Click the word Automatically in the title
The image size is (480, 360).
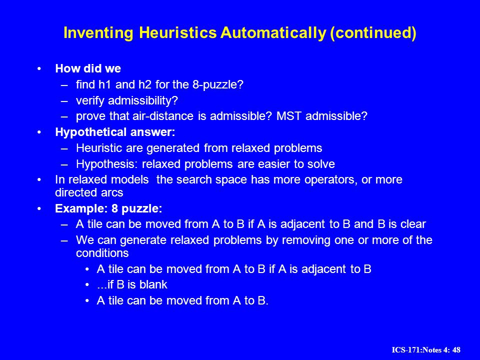click(273, 33)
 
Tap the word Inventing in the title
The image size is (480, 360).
click(98, 33)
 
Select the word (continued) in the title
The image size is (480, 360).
click(373, 33)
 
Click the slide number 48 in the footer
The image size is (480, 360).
click(456, 350)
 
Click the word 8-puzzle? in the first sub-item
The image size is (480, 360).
click(217, 84)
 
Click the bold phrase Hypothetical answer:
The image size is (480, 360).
click(115, 132)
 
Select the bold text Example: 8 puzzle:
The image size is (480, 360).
click(108, 209)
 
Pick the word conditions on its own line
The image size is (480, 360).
click(102, 253)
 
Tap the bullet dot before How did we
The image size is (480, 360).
click(39, 68)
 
